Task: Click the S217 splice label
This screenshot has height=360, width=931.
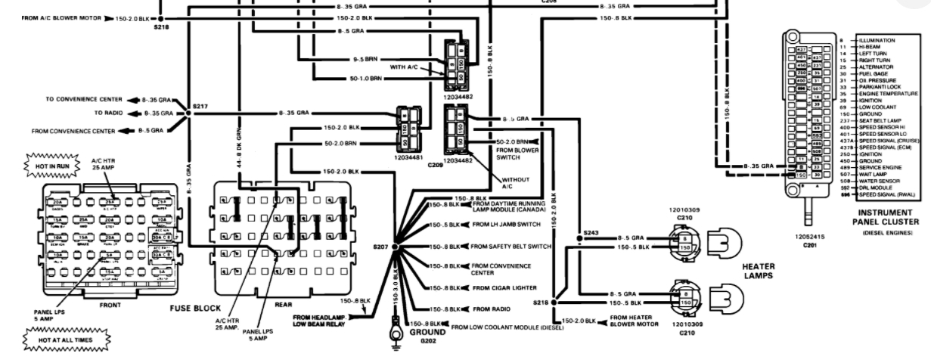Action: [x=199, y=107]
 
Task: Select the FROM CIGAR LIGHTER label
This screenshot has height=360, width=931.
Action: [x=505, y=288]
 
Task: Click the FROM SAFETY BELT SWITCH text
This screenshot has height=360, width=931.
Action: [x=510, y=247]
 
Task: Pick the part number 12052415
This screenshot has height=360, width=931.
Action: [x=809, y=236]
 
